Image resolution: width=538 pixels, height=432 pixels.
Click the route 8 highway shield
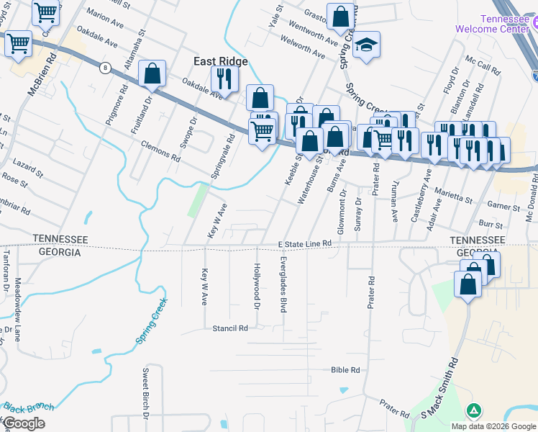click(x=106, y=68)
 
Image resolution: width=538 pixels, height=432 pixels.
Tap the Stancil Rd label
click(x=230, y=328)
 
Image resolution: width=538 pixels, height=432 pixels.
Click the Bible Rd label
click(x=345, y=370)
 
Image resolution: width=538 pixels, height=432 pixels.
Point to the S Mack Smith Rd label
click(x=440, y=389)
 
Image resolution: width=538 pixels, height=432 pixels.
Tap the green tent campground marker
click(x=473, y=411)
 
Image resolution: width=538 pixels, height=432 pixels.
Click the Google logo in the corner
click(x=24, y=423)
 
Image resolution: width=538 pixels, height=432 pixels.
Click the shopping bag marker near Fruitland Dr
click(x=152, y=73)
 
